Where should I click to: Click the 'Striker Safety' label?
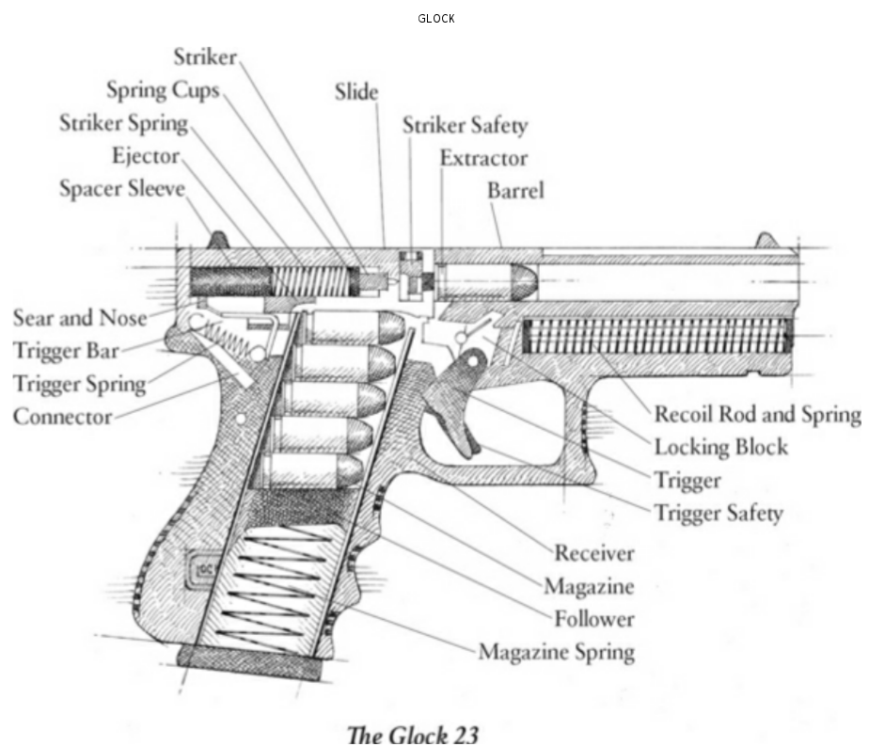465,125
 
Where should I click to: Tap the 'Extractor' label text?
483,158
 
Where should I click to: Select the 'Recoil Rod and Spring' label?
757,414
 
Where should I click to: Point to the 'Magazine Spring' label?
556,651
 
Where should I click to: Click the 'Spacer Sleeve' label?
122,188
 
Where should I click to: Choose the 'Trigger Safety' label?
719,513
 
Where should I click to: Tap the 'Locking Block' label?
720,447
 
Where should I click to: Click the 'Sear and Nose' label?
80,317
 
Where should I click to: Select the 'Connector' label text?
62,416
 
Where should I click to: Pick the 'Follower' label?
593,619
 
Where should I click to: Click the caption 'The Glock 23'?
413,733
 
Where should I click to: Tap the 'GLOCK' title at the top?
436,19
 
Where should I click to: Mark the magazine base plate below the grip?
254,664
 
